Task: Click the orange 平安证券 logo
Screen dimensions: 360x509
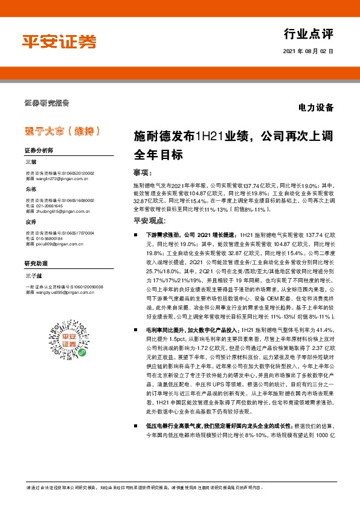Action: point(59,41)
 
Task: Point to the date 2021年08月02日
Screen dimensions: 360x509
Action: point(308,52)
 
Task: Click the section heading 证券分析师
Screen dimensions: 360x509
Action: point(39,150)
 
